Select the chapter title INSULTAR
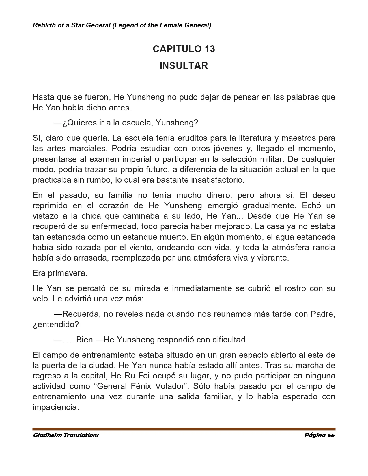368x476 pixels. click(184, 66)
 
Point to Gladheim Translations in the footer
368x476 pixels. click(66, 435)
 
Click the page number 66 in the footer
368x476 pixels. click(331, 435)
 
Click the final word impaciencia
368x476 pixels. click(56, 407)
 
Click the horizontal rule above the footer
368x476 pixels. click(184, 429)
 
